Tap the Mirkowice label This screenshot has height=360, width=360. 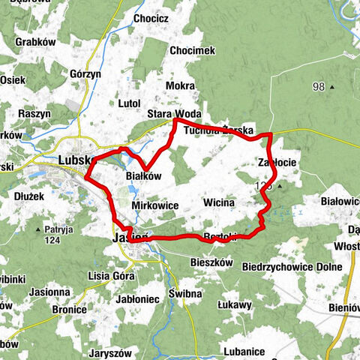pyautogui.click(x=154, y=204)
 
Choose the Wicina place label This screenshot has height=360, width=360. pyautogui.click(x=219, y=202)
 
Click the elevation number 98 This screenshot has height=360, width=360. pyautogui.click(x=319, y=88)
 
